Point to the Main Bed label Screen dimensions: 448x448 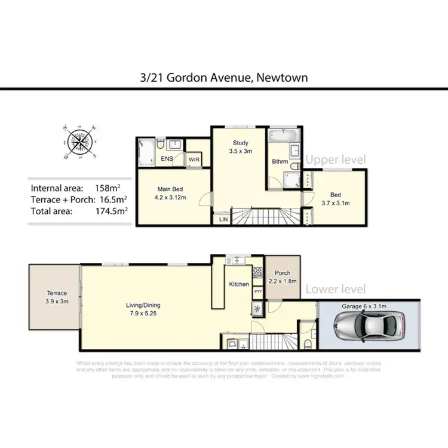tap(170, 193)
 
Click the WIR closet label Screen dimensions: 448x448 tap(194, 159)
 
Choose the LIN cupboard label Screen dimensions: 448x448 tap(223, 220)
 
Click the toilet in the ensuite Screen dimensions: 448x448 tap(161, 144)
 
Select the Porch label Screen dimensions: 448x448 tap(282, 277)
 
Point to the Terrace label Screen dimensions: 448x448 tap(57, 297)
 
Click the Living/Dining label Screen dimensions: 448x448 tap(144, 309)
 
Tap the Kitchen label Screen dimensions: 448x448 tap(239, 284)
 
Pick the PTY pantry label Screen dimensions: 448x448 tap(257, 291)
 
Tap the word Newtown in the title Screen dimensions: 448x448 tap(283, 78)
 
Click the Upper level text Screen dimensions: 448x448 tap(336, 159)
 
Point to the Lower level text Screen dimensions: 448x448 tap(336, 289)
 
